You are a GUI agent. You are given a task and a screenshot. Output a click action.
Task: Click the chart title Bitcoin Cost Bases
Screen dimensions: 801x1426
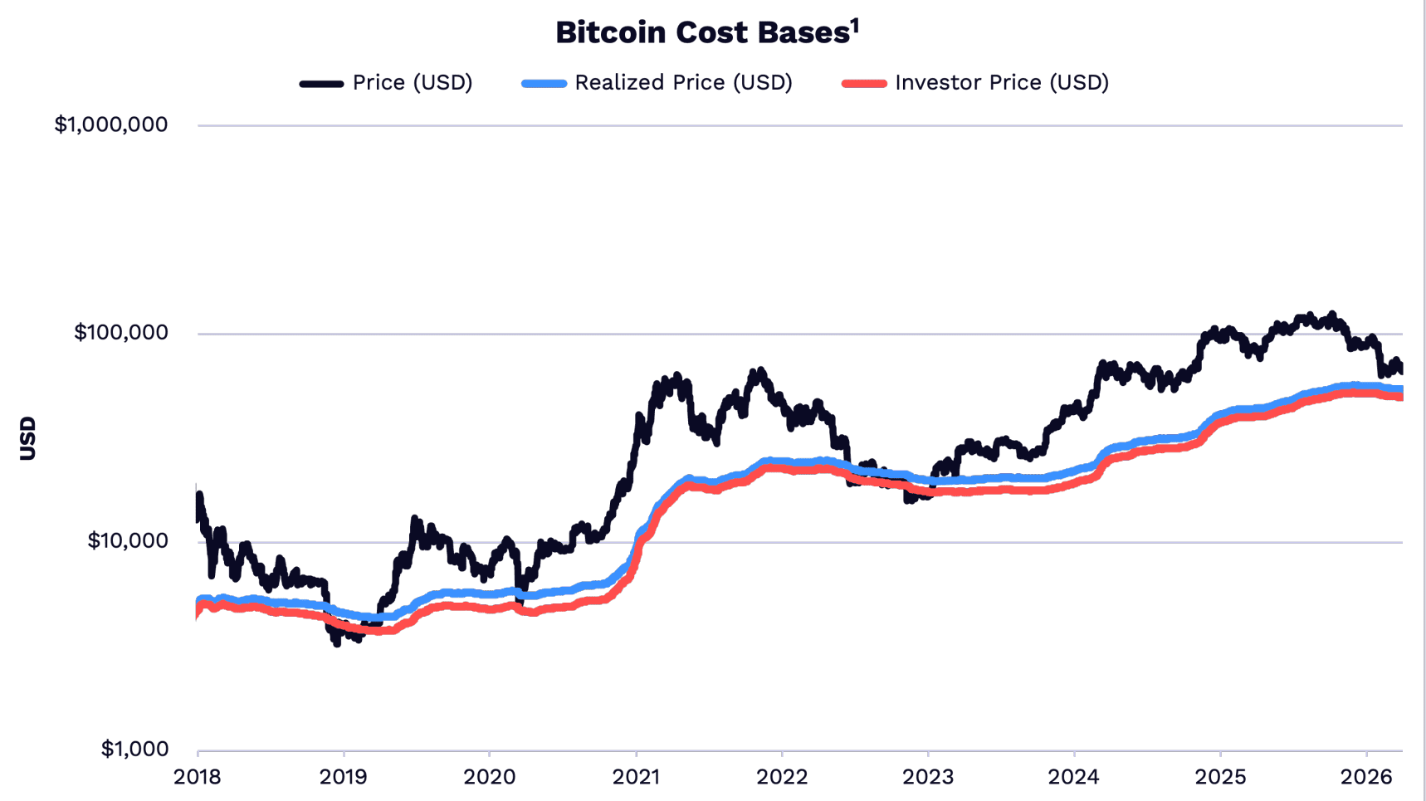pyautogui.click(x=701, y=33)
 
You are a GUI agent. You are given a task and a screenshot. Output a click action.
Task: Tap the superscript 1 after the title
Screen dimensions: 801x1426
pyautogui.click(x=855, y=26)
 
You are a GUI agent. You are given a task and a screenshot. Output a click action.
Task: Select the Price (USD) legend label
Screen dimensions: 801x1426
pyautogui.click(x=412, y=83)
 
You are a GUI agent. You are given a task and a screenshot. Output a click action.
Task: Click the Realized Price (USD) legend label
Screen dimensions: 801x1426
pyautogui.click(x=683, y=83)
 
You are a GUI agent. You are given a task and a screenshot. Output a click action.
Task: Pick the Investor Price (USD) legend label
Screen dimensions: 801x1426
pyautogui.click(x=1001, y=83)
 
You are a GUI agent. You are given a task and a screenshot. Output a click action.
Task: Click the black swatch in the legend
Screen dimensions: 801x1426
pyautogui.click(x=321, y=84)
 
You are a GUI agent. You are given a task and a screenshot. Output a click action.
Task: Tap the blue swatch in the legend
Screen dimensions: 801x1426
pyautogui.click(x=544, y=84)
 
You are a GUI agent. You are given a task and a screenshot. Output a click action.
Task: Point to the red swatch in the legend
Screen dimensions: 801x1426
pyautogui.click(x=864, y=84)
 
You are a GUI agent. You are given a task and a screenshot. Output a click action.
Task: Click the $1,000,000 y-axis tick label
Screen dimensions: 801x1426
pyautogui.click(x=110, y=125)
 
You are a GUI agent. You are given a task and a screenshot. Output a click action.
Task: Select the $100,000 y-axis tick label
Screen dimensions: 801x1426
pyautogui.click(x=120, y=333)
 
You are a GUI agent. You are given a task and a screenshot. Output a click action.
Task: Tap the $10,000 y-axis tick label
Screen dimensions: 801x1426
pyautogui.click(x=127, y=541)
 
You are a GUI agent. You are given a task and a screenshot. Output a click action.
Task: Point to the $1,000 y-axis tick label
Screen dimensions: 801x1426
pyautogui.click(x=134, y=749)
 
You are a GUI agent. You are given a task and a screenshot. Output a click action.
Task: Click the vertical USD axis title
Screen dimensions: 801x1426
pyautogui.click(x=27, y=437)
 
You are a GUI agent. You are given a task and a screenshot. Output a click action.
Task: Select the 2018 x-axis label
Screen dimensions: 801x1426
pyautogui.click(x=198, y=778)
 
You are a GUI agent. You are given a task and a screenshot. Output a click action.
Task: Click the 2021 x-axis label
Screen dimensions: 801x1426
pyautogui.click(x=636, y=778)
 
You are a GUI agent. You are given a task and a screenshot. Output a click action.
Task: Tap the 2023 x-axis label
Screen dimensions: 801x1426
pyautogui.click(x=928, y=778)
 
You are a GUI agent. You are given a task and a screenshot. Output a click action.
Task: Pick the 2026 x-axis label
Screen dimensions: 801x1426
pyautogui.click(x=1366, y=778)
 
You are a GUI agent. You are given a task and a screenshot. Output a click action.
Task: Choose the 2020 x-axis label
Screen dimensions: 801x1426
pyautogui.click(x=490, y=778)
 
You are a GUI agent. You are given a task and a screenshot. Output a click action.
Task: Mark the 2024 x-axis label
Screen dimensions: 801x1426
pyautogui.click(x=1074, y=778)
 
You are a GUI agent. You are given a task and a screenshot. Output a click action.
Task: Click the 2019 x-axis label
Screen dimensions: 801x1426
pyautogui.click(x=344, y=778)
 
